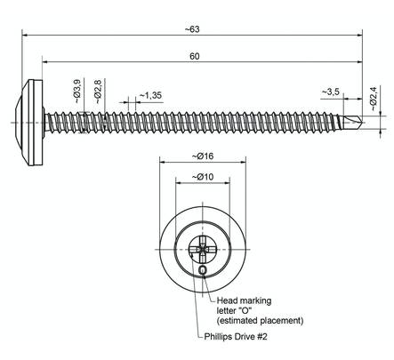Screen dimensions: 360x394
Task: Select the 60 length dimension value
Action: point(194,56)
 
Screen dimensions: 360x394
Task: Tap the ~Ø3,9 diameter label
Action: point(77,92)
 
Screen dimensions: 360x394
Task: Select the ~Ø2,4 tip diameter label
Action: point(374,95)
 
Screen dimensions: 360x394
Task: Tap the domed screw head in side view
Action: point(24,121)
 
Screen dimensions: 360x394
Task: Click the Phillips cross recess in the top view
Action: point(203,246)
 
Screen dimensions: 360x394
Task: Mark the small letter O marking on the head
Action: point(203,268)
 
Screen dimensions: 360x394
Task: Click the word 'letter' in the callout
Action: point(229,310)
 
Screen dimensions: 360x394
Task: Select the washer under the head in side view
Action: point(37,121)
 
